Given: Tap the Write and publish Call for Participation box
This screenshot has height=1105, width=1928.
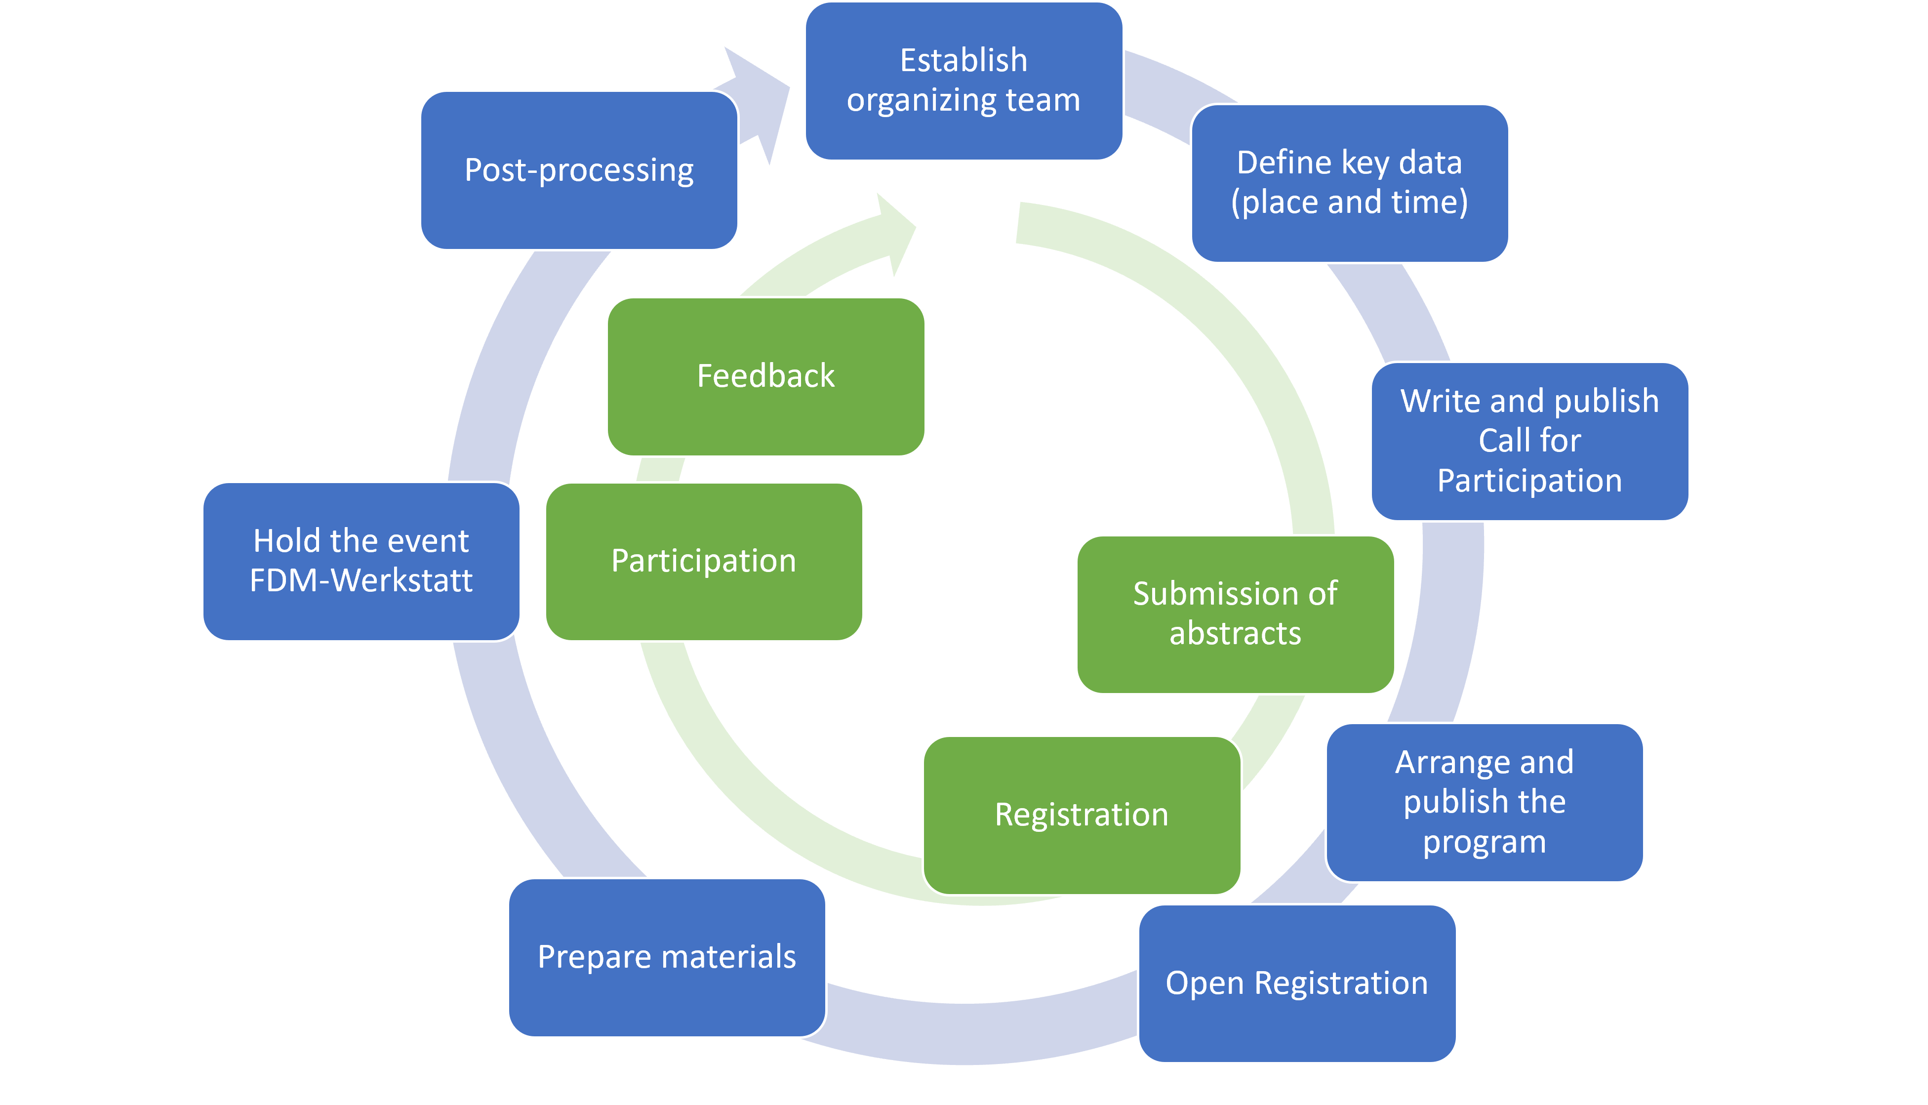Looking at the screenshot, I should pos(1529,441).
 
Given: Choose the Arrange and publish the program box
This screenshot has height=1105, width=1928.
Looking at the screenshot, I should pos(1484,802).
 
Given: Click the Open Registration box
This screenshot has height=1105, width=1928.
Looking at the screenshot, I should pos(1297,983).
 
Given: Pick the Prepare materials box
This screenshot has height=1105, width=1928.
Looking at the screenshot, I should pos(666,957).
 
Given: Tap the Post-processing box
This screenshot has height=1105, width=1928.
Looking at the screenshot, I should pos(578,170).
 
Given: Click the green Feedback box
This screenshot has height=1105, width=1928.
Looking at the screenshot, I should pos(765,376).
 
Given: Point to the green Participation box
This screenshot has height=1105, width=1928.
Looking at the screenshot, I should pos(703,561).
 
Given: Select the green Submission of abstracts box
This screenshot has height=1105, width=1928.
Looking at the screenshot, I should pos(1235,614).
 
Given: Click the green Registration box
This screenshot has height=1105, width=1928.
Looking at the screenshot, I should pos(1081,815).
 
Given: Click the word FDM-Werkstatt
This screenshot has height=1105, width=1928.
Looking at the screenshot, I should pos(361,580).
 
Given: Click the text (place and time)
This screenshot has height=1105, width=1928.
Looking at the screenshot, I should pos(1349,203).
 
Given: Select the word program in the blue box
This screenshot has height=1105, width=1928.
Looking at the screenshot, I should pos(1484,842).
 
